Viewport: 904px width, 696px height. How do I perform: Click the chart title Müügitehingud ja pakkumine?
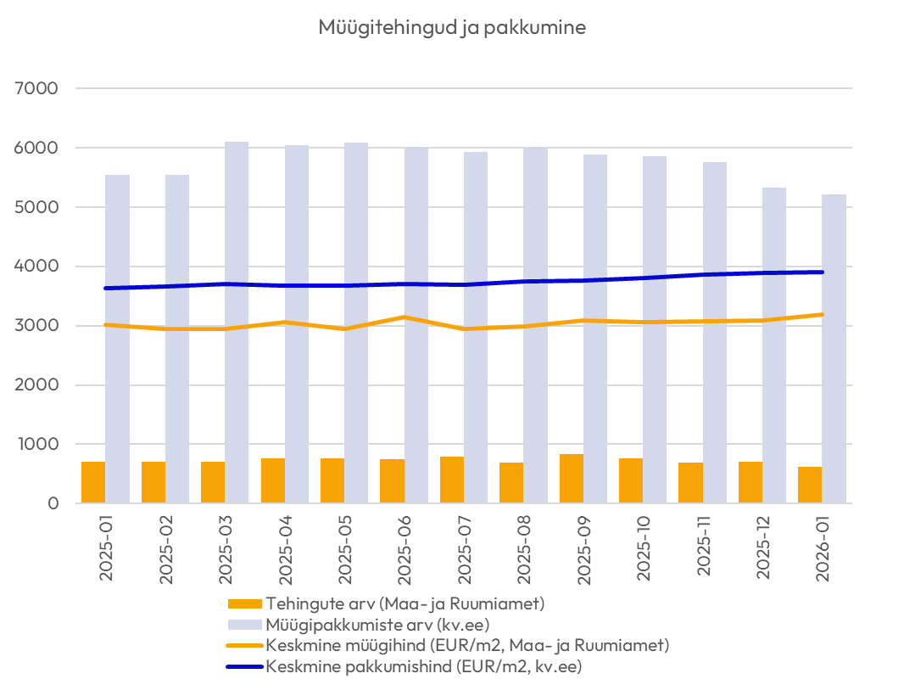452,27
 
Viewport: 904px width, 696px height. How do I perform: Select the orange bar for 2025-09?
571,479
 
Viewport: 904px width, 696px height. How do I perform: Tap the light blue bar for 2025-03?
237,323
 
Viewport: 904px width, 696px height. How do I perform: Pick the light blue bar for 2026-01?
834,349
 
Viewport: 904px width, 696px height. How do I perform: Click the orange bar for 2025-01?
93,482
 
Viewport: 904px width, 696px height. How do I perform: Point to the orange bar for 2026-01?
810,485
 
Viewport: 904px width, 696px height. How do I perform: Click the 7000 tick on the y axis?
35,88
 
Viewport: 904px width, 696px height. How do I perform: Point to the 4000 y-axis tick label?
35,267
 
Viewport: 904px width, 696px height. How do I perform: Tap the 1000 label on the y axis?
36,444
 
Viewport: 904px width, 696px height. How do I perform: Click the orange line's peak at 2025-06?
404,317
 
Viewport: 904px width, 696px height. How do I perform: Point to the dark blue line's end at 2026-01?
822,272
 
